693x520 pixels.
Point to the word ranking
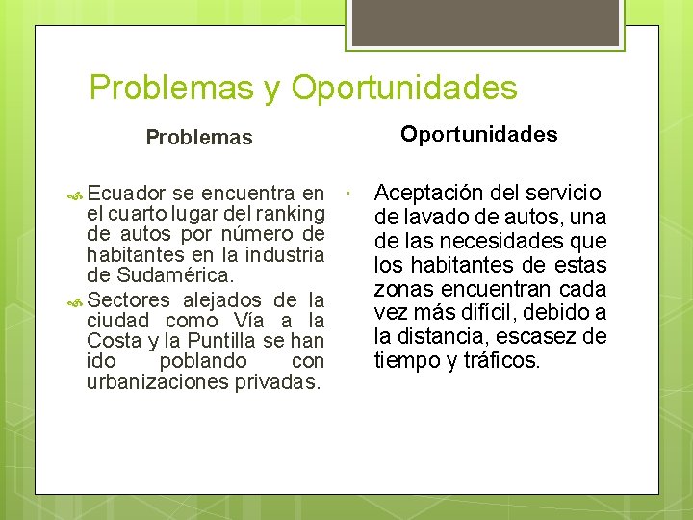pyautogui.click(x=286, y=214)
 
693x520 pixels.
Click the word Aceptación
pyautogui.click(x=429, y=193)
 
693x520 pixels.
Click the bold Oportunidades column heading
pyautogui.click(x=478, y=134)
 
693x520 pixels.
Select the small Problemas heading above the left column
pyautogui.click(x=198, y=137)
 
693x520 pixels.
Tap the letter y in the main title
pyautogui.click(x=270, y=89)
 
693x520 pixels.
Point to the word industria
pyautogui.click(x=284, y=255)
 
